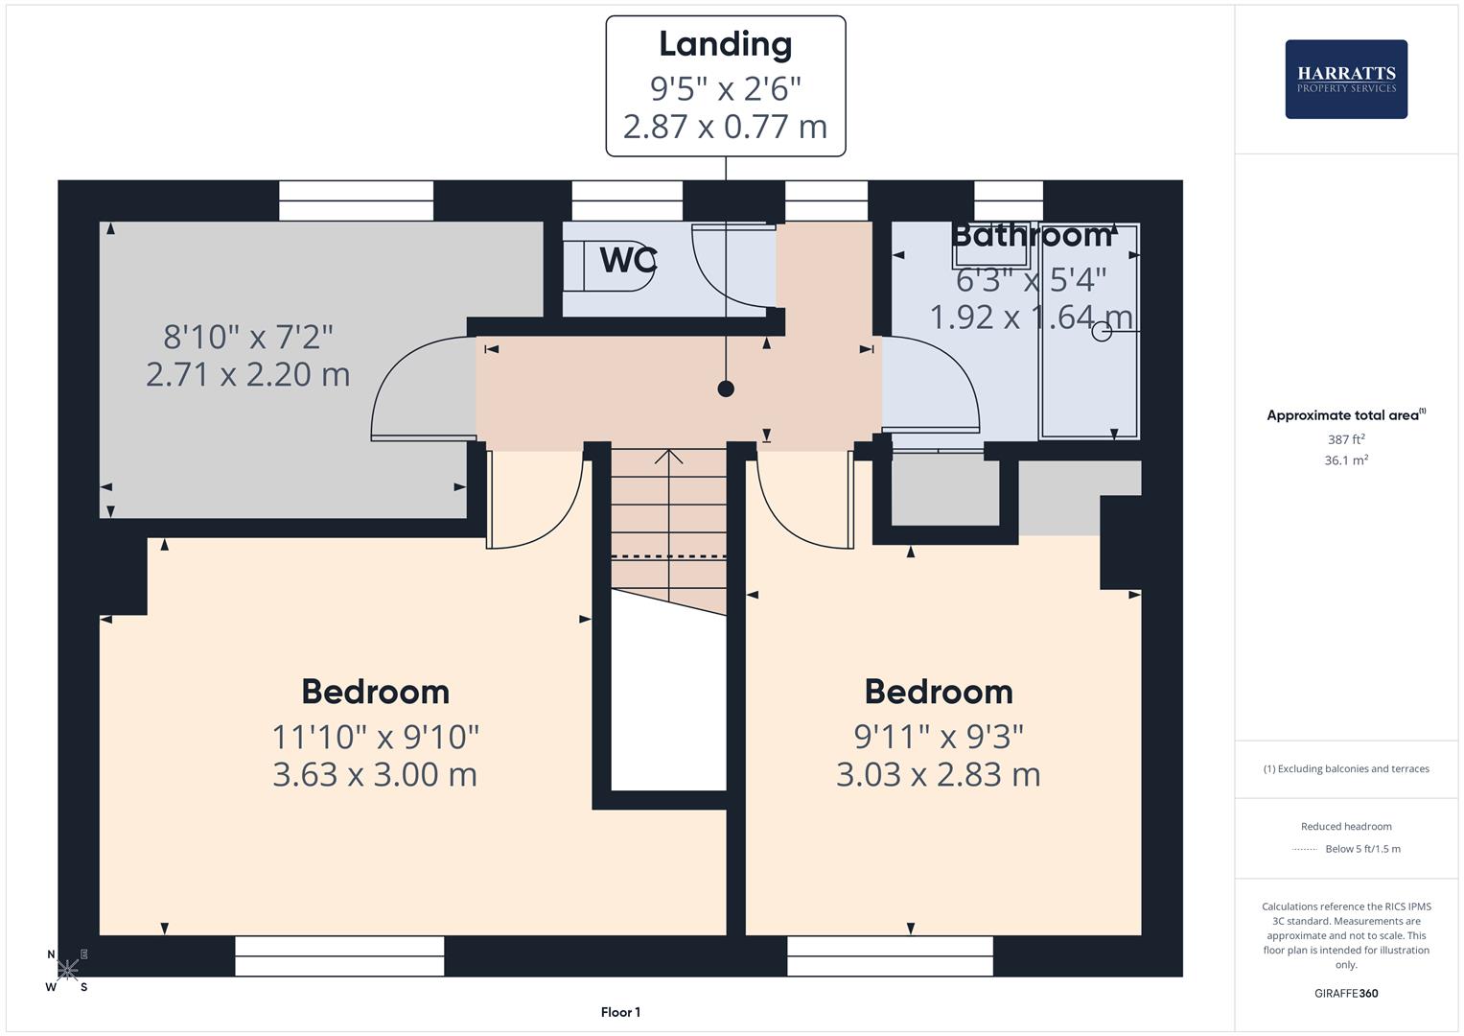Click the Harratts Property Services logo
1345,80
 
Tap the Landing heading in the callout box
725,44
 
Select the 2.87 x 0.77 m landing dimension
725,127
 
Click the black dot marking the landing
726,388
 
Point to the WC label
628,260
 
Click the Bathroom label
1031,235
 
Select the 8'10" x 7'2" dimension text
248,337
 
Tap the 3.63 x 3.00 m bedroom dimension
375,774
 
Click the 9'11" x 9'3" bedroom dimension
939,737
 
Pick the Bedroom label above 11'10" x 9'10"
375,692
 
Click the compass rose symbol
67,970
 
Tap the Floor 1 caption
620,1012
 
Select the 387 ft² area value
1346,439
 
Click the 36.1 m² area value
1346,460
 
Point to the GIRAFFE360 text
1346,994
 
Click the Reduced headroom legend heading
1346,826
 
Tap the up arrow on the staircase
668,457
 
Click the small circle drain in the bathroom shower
1102,332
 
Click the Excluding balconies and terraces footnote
1346,768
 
